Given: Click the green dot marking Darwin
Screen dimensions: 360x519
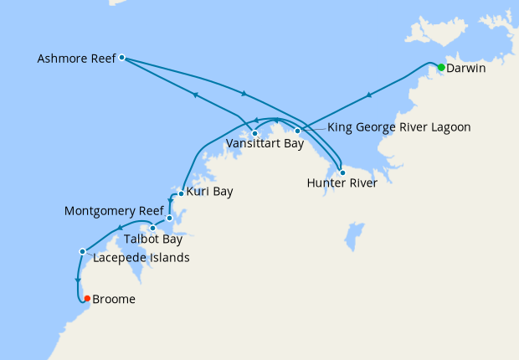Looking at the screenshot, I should tap(441, 66).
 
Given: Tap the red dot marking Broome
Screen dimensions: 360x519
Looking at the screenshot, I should tap(87, 298).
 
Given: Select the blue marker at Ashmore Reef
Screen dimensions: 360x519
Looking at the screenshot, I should tap(122, 58).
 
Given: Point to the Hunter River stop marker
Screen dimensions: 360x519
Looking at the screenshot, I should tap(342, 172).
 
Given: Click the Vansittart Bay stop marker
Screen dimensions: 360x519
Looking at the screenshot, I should tap(254, 133).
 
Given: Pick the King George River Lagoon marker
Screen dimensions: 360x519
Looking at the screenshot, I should tap(297, 131).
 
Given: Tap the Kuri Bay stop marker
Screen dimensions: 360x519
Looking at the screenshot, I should tap(181, 193).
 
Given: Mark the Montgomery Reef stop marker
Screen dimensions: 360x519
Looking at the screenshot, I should tap(169, 219).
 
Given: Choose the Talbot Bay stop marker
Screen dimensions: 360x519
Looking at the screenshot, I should tap(152, 228).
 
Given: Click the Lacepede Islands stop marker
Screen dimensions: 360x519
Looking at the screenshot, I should tap(82, 251).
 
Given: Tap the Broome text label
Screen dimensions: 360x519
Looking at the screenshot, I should tap(114, 299).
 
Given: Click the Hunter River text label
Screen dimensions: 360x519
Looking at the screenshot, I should tap(342, 183).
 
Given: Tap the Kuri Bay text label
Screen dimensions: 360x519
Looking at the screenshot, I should tap(209, 192).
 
